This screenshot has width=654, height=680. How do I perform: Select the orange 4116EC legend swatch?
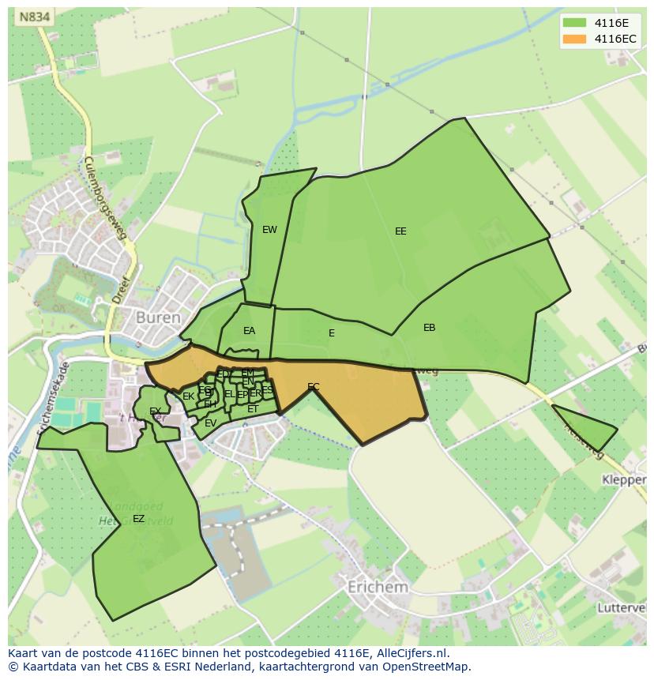(575, 39)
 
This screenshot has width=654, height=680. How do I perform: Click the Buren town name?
(158, 317)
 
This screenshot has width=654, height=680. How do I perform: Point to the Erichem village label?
(378, 588)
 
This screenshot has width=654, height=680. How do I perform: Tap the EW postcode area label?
(269, 230)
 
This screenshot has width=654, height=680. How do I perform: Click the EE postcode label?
(400, 231)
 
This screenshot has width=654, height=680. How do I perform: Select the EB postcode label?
(429, 328)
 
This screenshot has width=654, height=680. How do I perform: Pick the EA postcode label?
(249, 331)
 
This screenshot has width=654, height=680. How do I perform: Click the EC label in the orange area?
(314, 387)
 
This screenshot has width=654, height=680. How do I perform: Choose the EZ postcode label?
(138, 519)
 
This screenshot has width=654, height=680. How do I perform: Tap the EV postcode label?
(210, 423)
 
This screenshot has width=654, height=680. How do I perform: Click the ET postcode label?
(253, 409)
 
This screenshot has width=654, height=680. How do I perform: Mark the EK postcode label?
(188, 396)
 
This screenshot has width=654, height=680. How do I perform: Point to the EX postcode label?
(155, 411)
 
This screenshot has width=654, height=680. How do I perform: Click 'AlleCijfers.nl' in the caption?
(411, 653)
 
